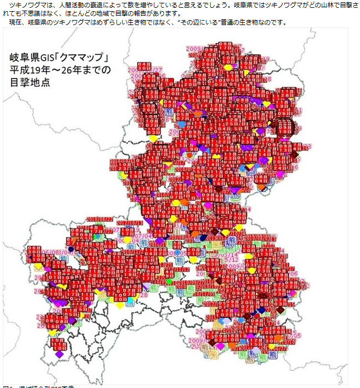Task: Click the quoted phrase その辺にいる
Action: pos(200,22)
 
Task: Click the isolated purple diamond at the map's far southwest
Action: pos(59,354)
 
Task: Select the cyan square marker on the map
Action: pos(130,300)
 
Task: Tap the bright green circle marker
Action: pos(169,282)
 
